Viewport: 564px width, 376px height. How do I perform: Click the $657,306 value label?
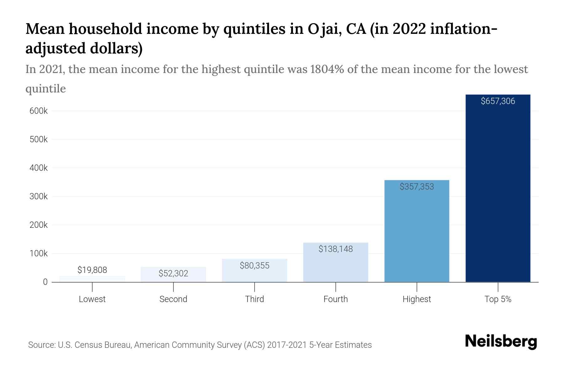coord(498,101)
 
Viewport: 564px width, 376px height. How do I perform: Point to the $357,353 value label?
coord(417,187)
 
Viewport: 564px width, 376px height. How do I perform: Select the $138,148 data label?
coord(336,249)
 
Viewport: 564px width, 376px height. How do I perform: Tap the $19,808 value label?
coord(92,270)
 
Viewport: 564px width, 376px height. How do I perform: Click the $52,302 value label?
coord(173,274)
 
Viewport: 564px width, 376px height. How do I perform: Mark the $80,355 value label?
coord(254,266)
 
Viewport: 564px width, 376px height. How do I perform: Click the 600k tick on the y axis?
coord(39,111)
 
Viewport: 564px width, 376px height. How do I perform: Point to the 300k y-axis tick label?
coord(39,196)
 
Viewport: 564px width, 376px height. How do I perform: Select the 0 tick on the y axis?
coord(45,282)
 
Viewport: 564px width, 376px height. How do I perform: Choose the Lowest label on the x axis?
coord(92,299)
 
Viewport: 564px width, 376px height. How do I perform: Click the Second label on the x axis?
coord(173,299)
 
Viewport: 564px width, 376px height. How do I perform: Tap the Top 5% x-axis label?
coord(498,299)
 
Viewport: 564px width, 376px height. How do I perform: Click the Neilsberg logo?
coord(501,342)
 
